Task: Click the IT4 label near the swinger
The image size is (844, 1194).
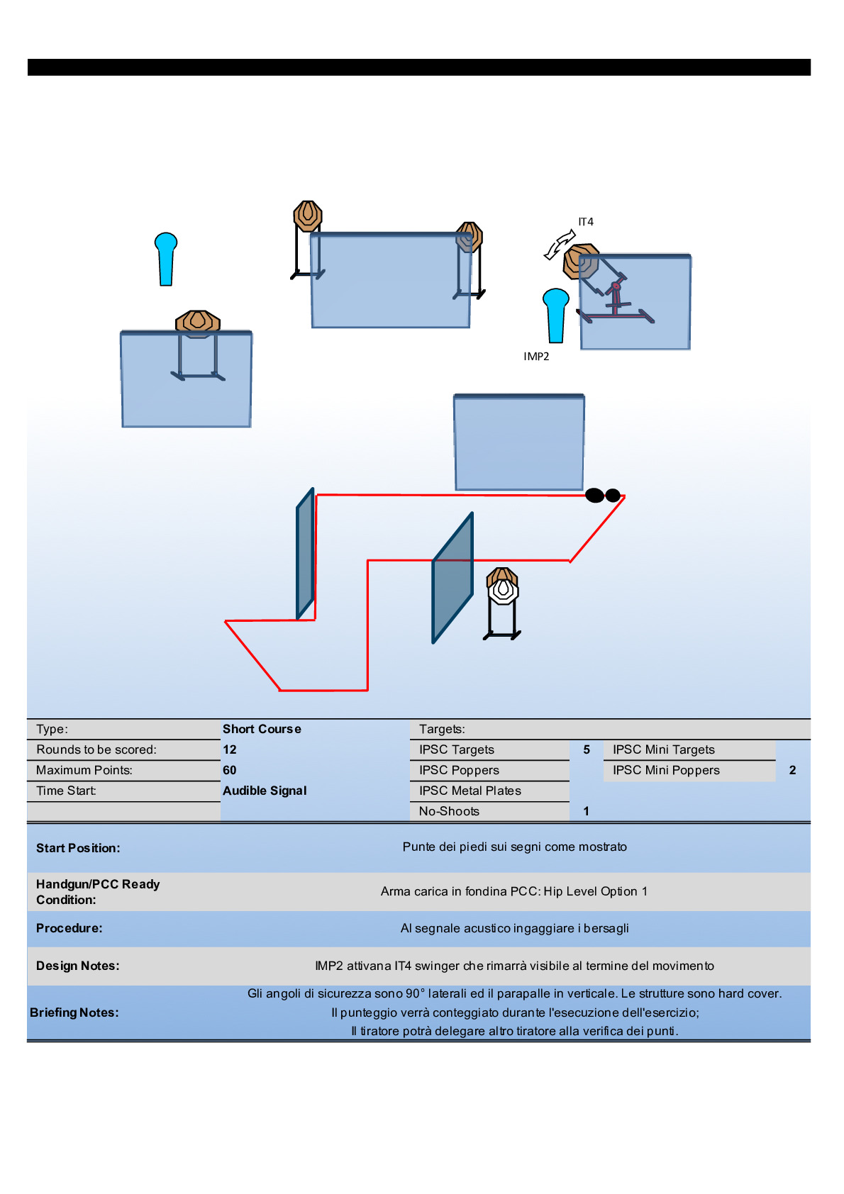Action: pyautogui.click(x=586, y=222)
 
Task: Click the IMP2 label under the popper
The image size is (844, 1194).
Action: pyautogui.click(x=536, y=357)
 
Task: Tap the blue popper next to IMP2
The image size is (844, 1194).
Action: pyautogui.click(x=556, y=315)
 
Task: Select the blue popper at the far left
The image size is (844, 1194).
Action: pyautogui.click(x=166, y=258)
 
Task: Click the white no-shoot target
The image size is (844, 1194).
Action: pyautogui.click(x=503, y=590)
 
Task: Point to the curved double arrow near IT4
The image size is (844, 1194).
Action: pyautogui.click(x=560, y=245)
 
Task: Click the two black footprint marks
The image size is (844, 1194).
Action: pyautogui.click(x=603, y=496)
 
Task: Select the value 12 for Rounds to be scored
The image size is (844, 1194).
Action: pyautogui.click(x=230, y=749)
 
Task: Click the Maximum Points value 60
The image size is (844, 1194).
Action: pyautogui.click(x=230, y=770)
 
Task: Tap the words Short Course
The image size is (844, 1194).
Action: pyautogui.click(x=262, y=729)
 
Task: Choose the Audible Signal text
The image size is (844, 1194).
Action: pyautogui.click(x=265, y=791)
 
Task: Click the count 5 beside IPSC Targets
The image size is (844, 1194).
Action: pyautogui.click(x=587, y=749)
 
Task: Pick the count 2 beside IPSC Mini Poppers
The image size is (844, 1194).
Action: pyautogui.click(x=792, y=770)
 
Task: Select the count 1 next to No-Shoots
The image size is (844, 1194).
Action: pyautogui.click(x=587, y=811)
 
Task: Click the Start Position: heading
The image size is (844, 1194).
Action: pyautogui.click(x=78, y=848)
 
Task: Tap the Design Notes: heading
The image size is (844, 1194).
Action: pyautogui.click(x=77, y=966)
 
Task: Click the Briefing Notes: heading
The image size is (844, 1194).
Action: pyautogui.click(x=74, y=1012)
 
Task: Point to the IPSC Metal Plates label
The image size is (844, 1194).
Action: pyautogui.click(x=470, y=791)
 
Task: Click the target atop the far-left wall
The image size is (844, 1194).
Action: pyautogui.click(x=198, y=322)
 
